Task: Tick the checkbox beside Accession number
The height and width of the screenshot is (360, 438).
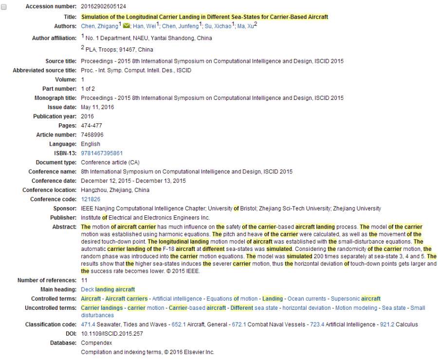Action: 4,7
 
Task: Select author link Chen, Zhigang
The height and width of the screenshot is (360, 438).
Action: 99,26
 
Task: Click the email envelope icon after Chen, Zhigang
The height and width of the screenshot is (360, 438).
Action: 127,26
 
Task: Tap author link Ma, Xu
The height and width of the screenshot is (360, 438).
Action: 246,26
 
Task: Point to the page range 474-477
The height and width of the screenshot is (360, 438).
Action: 91,126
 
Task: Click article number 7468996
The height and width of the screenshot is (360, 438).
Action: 92,135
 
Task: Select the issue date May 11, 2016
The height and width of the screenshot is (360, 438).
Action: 97,107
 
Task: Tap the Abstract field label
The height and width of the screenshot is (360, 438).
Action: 64,227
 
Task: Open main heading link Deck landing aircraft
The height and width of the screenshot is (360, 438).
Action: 108,290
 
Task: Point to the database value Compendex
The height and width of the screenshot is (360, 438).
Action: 96,343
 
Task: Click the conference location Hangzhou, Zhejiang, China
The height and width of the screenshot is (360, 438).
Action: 115,190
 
